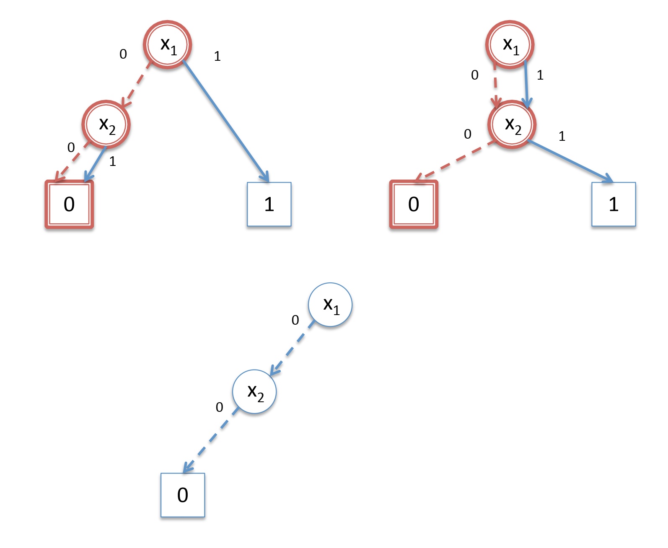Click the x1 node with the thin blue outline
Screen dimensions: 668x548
tap(330, 305)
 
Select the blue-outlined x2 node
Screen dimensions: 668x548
tap(254, 392)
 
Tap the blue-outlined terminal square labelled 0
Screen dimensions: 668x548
tap(183, 495)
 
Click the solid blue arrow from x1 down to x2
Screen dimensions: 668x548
tap(526, 84)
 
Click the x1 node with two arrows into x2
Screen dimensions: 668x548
tap(510, 44)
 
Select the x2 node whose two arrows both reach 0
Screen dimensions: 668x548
tap(106, 124)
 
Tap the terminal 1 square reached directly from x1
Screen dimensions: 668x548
tap(269, 204)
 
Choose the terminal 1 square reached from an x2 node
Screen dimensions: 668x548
tap(614, 204)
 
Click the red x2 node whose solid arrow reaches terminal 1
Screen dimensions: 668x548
tap(512, 124)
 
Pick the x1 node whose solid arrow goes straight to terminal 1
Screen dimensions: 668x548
tap(168, 44)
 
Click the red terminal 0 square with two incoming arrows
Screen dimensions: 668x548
tap(69, 204)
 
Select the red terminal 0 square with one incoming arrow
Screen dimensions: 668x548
tap(414, 204)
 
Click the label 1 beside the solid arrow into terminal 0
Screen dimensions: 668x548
tap(112, 161)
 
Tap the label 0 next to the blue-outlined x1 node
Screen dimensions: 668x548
tap(295, 320)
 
